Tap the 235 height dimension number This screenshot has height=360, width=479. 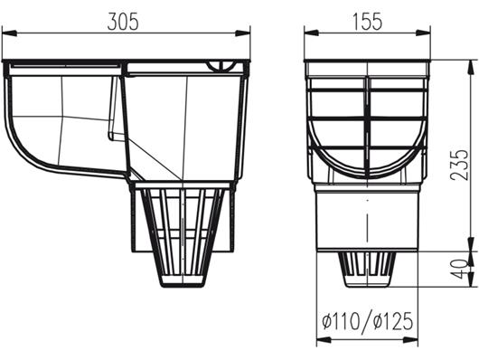click(x=460, y=166)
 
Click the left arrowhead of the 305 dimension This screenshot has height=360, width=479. click(x=8, y=33)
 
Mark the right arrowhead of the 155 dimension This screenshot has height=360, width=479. click(x=425, y=33)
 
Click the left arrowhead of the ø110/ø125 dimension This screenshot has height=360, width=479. click(x=321, y=341)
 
